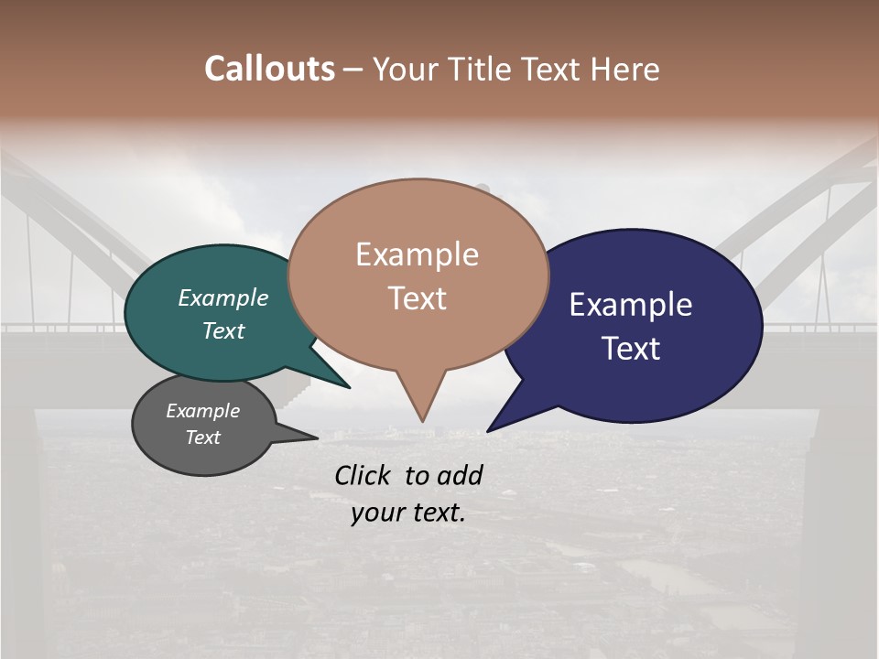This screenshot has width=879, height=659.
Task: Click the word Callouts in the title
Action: point(269,69)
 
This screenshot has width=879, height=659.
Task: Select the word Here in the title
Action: point(624,69)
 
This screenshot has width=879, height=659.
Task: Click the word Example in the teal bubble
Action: point(223,298)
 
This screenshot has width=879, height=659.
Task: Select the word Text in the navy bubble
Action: point(631,349)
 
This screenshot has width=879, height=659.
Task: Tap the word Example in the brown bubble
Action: point(417,254)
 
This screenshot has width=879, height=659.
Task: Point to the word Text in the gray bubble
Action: point(202,438)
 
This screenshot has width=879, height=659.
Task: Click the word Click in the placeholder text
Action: point(364,475)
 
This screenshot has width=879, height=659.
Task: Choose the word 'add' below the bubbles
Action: point(459,475)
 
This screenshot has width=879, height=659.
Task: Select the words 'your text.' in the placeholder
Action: point(407,513)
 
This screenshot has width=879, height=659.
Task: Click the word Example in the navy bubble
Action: point(631,305)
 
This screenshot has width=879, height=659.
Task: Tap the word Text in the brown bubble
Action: point(417,298)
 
